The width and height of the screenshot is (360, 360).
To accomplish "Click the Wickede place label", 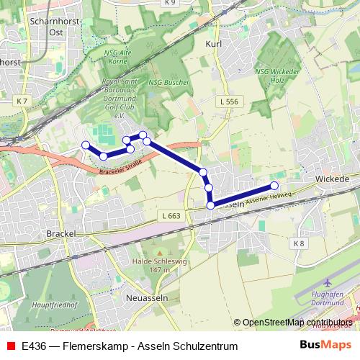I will point(332,178).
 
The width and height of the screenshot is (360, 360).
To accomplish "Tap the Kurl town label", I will point(214,44).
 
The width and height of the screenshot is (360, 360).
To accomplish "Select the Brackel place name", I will point(60,234).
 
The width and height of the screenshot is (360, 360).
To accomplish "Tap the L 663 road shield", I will point(171,215).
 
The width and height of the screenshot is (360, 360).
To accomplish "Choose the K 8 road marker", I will point(299,244).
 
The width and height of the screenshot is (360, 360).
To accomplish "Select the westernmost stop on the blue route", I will point(86,145).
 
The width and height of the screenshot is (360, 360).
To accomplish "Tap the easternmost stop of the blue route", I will point(274,186).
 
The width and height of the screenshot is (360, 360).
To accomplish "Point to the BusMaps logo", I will point(325,346).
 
